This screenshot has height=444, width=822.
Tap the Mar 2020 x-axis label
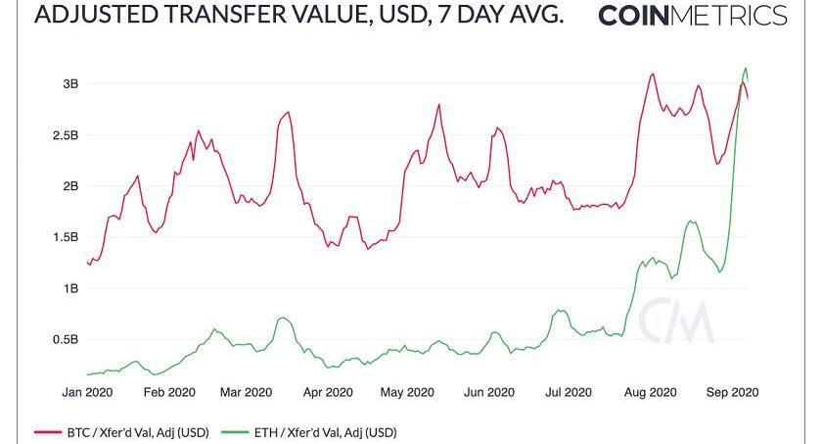(x=245, y=392)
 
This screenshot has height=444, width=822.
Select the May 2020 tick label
(x=406, y=392)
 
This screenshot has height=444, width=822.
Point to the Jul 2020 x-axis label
(x=568, y=392)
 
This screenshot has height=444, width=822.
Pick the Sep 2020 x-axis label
(x=732, y=392)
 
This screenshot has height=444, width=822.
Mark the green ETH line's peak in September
(x=747, y=68)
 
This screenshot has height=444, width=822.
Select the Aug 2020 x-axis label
(x=650, y=392)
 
